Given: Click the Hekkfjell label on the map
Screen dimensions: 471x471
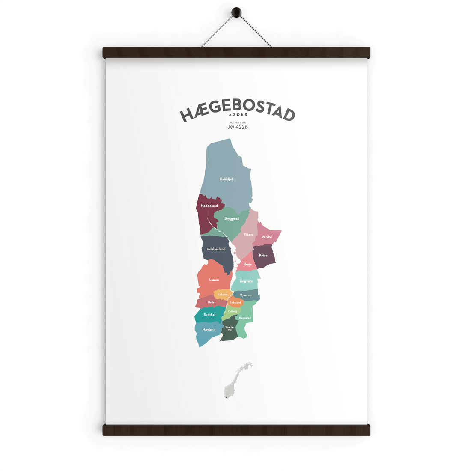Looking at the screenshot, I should coord(227,179).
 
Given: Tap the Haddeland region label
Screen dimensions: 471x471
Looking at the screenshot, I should coord(209,206).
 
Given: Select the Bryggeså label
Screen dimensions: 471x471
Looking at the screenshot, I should coord(232,219).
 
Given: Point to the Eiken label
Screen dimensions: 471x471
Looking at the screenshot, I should coord(248,235).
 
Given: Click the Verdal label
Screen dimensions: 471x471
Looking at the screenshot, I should coord(267,237).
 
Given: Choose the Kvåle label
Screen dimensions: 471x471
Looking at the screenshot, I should coord(263,256).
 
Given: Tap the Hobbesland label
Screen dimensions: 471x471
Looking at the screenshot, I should coord(216,249).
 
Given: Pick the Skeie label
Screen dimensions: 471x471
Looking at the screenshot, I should coord(247,264).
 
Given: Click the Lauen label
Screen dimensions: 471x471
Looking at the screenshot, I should coord(214,280).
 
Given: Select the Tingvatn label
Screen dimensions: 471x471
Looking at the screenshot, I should coord(246,281).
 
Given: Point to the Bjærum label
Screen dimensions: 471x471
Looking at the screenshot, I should coord(246,295).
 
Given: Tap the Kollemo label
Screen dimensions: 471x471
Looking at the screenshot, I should coord(223,295).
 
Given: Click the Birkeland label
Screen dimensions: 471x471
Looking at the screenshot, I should coord(235,302).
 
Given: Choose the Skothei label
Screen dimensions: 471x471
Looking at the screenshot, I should coord(210,315).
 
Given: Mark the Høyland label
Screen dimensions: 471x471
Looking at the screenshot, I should coord(209,330).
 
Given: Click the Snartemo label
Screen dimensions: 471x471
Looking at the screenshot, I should coord(230,328).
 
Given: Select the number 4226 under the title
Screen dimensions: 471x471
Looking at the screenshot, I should coord(241,127).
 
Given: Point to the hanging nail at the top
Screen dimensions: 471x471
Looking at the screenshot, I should coord(236,12).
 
